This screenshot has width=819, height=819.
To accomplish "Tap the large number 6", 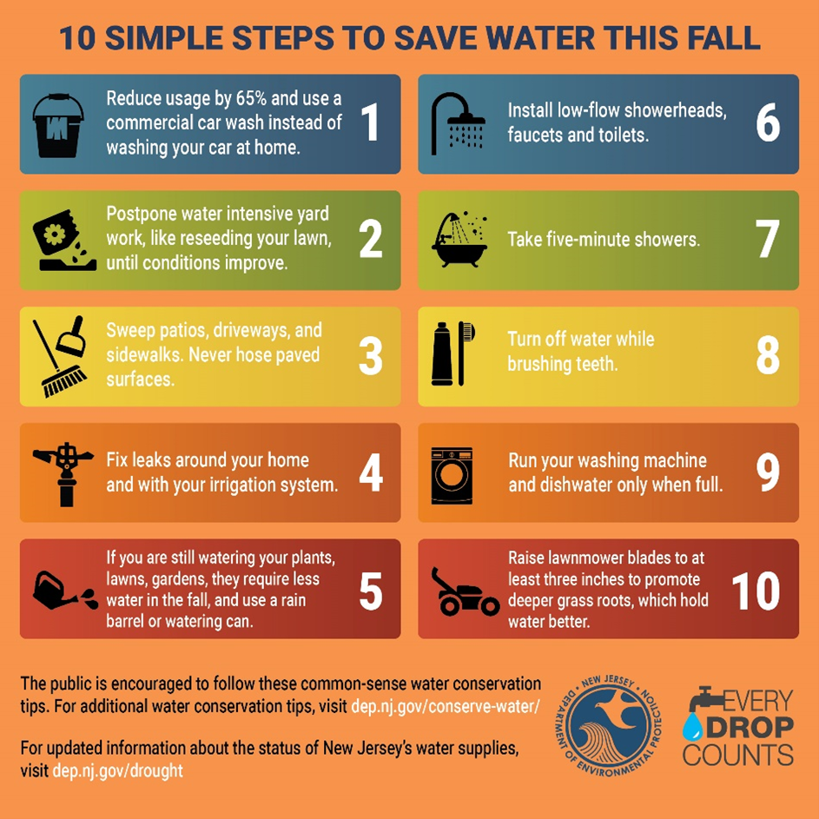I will click(768, 123).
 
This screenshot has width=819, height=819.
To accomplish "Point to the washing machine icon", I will click(452, 475).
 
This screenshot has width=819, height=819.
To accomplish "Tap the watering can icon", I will click(63, 591).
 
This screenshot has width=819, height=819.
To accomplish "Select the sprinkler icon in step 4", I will click(61, 472).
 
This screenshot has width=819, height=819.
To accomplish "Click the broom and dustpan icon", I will click(61, 356).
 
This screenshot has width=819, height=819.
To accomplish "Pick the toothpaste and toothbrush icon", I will click(454, 353).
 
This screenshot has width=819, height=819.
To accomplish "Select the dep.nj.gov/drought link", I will click(117, 770).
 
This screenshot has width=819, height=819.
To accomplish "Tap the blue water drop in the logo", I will click(692, 726).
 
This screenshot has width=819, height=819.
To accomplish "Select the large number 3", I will click(371, 356).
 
